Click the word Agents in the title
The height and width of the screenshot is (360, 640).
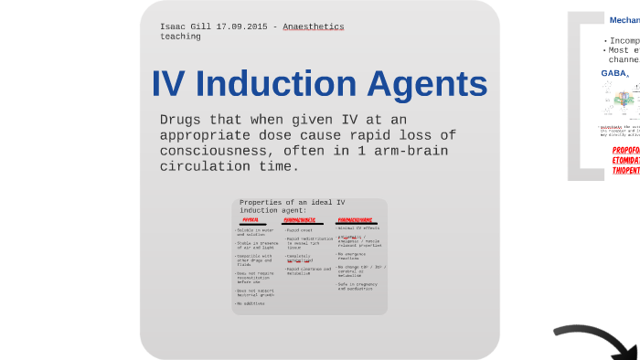(x=428, y=85)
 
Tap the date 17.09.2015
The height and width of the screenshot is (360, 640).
(x=244, y=26)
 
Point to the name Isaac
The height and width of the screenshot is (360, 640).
(x=175, y=26)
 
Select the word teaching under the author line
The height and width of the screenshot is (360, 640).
(x=180, y=37)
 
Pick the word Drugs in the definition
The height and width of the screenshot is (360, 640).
(x=178, y=120)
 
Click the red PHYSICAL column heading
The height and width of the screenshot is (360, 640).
(x=250, y=220)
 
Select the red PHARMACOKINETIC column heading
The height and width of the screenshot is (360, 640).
(x=300, y=220)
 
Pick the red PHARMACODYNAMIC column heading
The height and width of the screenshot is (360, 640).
(x=355, y=220)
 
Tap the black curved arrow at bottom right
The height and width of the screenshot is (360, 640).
(x=599, y=341)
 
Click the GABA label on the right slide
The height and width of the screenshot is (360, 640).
(x=613, y=73)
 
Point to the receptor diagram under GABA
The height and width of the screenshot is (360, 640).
(x=622, y=101)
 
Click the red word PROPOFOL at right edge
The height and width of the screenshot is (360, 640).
(x=626, y=150)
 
